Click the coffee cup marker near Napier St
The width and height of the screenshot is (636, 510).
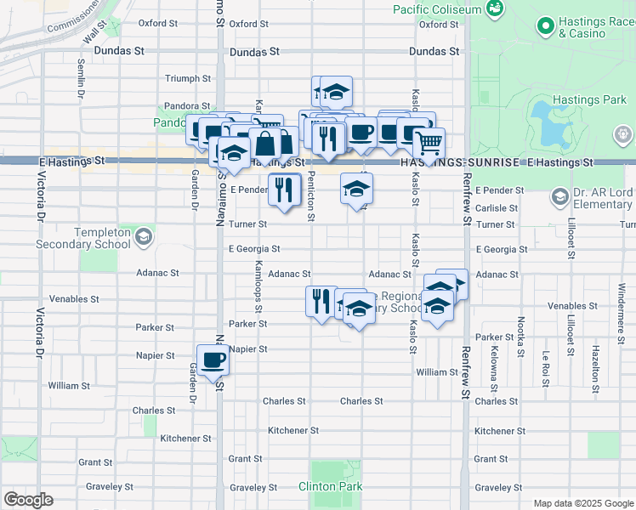[x=213, y=360]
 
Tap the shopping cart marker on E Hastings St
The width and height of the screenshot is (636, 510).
[x=429, y=142]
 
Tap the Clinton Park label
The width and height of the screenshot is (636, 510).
[x=330, y=486]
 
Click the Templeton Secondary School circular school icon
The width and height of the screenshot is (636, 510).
[x=144, y=235]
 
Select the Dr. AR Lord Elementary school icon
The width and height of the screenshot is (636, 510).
[x=559, y=198]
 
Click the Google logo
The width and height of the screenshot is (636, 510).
[x=28, y=500]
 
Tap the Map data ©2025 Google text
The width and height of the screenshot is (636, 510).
[x=582, y=503]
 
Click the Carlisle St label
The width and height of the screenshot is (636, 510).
[x=497, y=207]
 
